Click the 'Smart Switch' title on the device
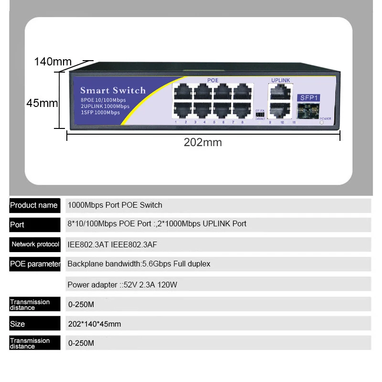(113, 90)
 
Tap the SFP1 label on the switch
(308, 98)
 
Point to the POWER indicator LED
(322, 123)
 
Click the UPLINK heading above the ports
(280, 80)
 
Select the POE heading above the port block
(212, 80)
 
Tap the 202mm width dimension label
(203, 142)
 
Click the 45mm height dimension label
(42, 103)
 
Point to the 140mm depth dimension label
(53, 62)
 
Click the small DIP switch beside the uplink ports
(260, 114)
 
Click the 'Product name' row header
(34, 205)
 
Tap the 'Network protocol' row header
(35, 244)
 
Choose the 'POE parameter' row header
(35, 264)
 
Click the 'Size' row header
(17, 324)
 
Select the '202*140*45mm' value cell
(95, 324)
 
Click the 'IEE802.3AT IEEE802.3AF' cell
(112, 244)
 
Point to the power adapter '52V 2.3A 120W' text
(122, 285)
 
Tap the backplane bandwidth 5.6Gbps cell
(138, 264)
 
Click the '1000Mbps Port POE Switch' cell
(115, 205)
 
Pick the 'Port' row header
(17, 225)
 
